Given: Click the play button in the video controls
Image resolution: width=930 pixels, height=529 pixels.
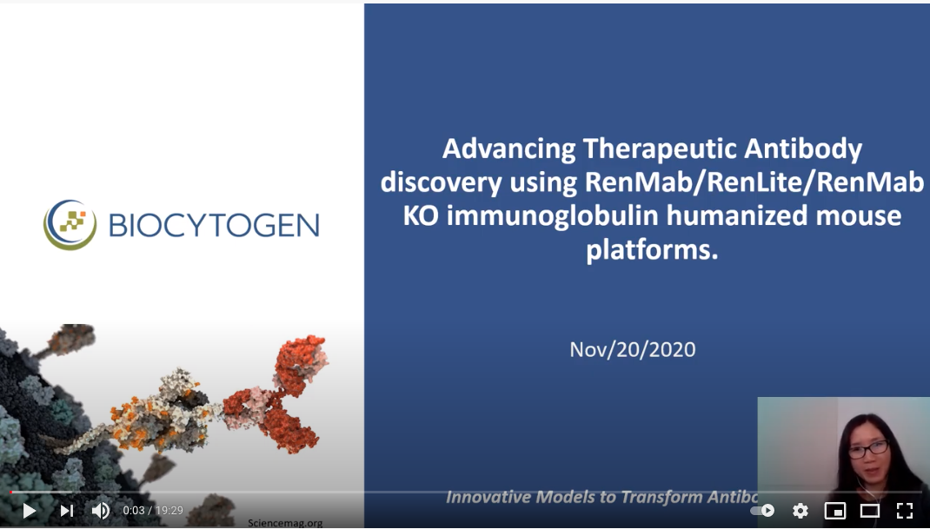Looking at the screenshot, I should pyautogui.click(x=29, y=511).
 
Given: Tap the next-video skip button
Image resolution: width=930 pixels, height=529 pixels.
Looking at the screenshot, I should pyautogui.click(x=67, y=511).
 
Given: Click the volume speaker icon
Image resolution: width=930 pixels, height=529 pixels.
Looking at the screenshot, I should pyautogui.click(x=100, y=511).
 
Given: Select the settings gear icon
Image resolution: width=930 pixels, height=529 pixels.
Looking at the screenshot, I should pyautogui.click(x=800, y=511).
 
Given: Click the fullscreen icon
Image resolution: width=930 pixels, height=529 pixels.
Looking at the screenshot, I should pyautogui.click(x=905, y=511).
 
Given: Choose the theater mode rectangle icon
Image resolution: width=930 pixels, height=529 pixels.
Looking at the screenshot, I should pyautogui.click(x=870, y=511).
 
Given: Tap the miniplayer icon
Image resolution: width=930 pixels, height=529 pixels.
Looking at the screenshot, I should pyautogui.click(x=835, y=511).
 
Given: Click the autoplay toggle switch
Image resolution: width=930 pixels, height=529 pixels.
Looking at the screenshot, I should pyautogui.click(x=763, y=511).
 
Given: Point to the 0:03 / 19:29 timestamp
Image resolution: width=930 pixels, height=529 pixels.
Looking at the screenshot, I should pyautogui.click(x=153, y=511).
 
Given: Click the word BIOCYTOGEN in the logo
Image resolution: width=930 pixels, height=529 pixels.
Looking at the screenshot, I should pyautogui.click(x=214, y=225).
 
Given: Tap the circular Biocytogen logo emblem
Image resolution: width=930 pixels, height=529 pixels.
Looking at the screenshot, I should pyautogui.click(x=70, y=224).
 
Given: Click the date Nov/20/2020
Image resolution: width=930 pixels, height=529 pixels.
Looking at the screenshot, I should pyautogui.click(x=633, y=349).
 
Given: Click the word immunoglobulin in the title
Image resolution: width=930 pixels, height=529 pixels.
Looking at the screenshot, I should pyautogui.click(x=545, y=215).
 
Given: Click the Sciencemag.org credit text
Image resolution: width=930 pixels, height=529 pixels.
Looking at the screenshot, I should pyautogui.click(x=285, y=523).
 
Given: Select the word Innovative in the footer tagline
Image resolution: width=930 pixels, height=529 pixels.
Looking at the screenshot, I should pyautogui.click(x=488, y=497).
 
